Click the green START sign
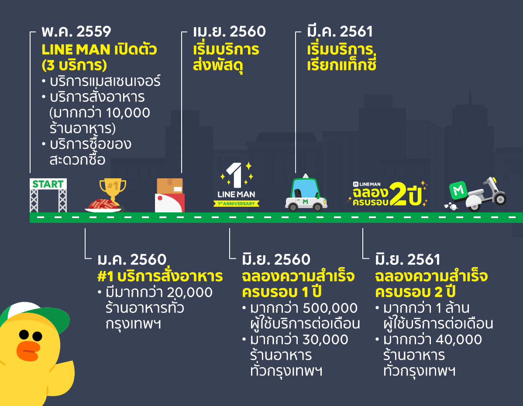(x=48, y=184)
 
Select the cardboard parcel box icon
(x=170, y=186)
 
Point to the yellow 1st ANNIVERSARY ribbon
(x=236, y=203)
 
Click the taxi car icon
(x=306, y=195)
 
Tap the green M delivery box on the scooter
(x=459, y=190)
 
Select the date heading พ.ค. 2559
(x=76, y=32)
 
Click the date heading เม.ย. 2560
(x=229, y=32)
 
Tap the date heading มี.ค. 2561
(x=340, y=32)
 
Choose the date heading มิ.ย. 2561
(x=408, y=260)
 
